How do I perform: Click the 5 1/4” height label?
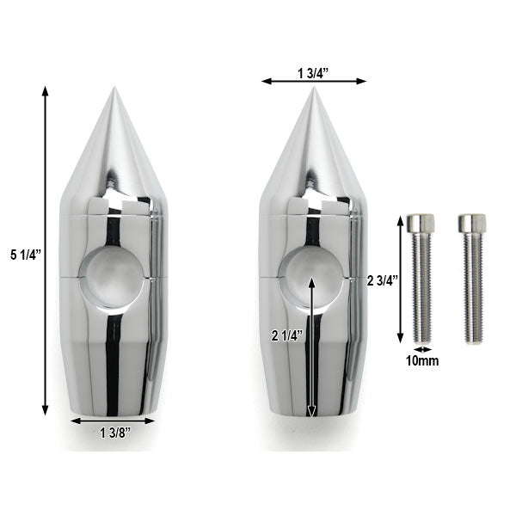coord(25,255)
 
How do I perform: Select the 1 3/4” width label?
coord(313,73)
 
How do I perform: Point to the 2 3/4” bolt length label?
coord(383,280)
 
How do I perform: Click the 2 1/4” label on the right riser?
coord(287,336)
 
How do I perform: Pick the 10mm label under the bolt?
coord(422,361)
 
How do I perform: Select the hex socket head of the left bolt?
coord(421,223)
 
